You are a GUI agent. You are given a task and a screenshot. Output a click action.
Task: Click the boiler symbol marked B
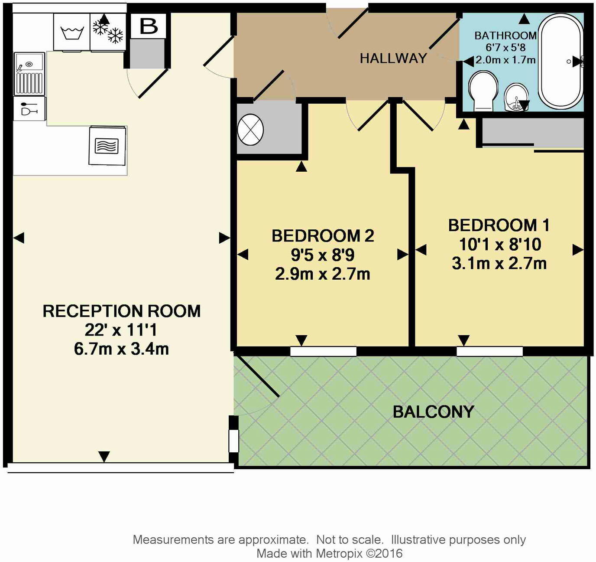tap(149, 26)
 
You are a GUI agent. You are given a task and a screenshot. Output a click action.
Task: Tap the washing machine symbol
tap(72, 33)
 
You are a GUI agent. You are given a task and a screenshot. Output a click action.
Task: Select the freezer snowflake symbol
tap(108, 31)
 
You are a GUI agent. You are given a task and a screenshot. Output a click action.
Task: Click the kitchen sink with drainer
tap(29, 74)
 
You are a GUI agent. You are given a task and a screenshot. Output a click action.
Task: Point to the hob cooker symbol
tap(107, 146)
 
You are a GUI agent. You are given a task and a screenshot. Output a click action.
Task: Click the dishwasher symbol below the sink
tap(29, 108)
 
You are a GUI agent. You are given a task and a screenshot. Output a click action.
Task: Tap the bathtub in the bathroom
tap(560, 61)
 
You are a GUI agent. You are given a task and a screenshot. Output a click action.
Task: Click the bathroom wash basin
tap(516, 97)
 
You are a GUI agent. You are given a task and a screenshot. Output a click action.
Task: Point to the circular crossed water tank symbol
tap(250, 129)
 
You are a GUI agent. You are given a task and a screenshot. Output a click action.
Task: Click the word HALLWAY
tap(393, 59)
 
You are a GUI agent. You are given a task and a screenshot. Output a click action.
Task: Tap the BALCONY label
tap(433, 412)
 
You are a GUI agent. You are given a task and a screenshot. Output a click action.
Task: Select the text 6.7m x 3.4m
tap(121, 349)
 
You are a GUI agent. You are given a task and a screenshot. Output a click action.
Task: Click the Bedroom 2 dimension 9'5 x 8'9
tap(323, 255)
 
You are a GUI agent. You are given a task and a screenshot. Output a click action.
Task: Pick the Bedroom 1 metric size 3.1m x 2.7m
tap(499, 263)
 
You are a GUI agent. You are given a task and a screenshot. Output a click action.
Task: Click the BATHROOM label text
tap(505, 36)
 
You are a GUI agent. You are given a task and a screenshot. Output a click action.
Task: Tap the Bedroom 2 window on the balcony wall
tap(323, 351)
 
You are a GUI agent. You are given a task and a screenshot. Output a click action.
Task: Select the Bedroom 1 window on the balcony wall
tap(489, 351)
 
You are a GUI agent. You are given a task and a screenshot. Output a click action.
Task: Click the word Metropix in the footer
tap(339, 553)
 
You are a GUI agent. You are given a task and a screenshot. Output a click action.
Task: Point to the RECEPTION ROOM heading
tap(121, 311)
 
